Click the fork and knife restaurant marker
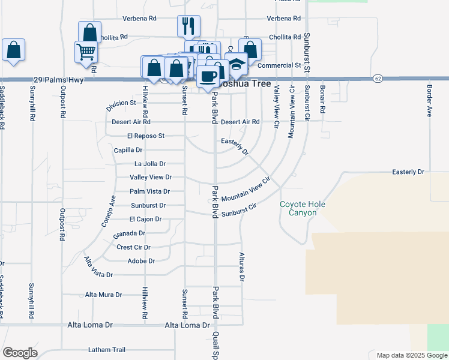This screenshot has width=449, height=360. [x=188, y=26]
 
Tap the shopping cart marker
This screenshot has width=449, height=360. [x=86, y=52]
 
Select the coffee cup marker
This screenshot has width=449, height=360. [x=208, y=76]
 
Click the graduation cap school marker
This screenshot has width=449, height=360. [x=237, y=64]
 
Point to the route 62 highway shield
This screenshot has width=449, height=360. [x=377, y=78]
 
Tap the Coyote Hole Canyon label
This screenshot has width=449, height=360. [x=303, y=208]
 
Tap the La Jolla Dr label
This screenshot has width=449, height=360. [x=150, y=163]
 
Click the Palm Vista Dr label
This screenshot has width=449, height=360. [x=150, y=191]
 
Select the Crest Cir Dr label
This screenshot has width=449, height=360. [x=133, y=247]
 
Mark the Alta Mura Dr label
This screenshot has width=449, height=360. [x=103, y=295]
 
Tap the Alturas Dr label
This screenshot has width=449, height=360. [x=243, y=266]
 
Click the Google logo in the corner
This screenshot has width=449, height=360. [x=20, y=352]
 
